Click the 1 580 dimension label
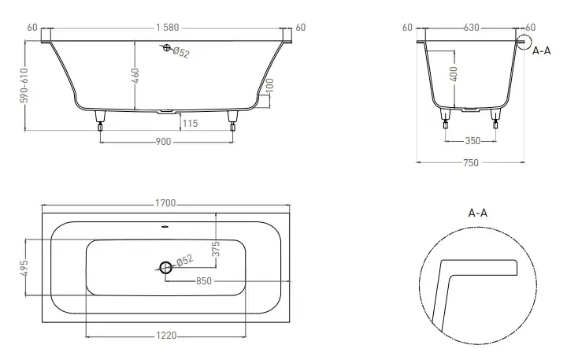coord(168,28)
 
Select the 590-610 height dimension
coord(24,85)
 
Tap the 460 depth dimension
coord(135,76)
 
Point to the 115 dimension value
coord(191,124)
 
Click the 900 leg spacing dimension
coord(163,142)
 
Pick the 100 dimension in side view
coord(270,85)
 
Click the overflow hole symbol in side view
coord(166,48)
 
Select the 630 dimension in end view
coord(471,28)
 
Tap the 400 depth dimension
coord(454,74)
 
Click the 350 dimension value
coord(472,141)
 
